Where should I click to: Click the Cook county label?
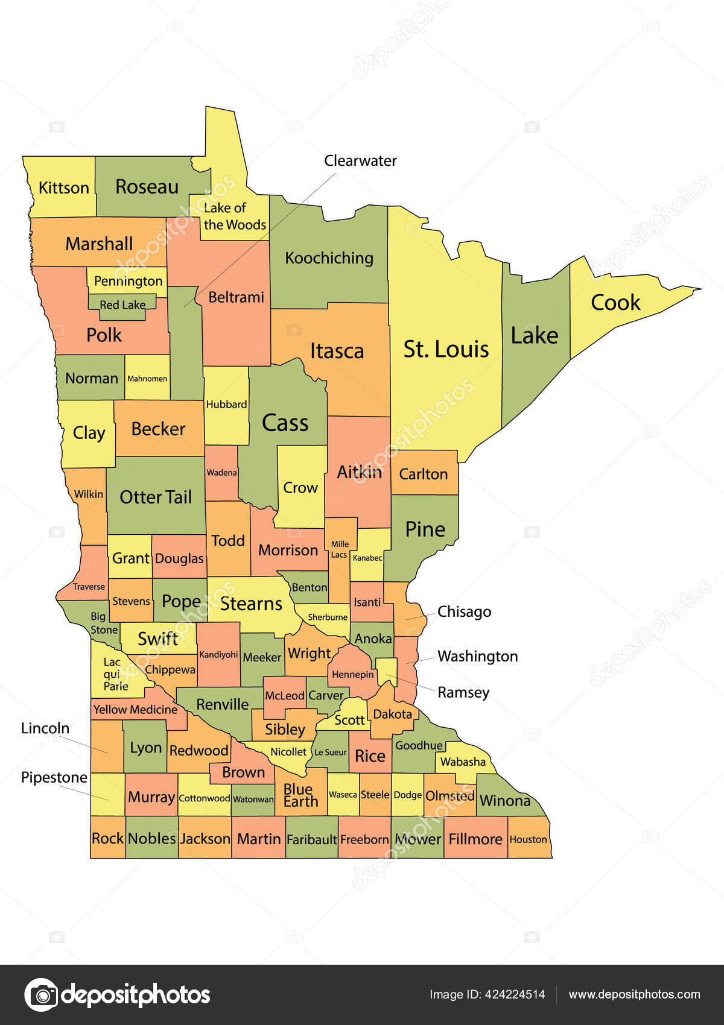(615, 303)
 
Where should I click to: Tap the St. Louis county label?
(446, 349)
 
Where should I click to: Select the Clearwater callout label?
(360, 161)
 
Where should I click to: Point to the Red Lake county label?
(122, 305)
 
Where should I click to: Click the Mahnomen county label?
(147, 379)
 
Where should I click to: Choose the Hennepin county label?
(353, 675)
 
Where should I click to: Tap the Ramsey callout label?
(463, 692)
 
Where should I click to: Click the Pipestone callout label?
(54, 778)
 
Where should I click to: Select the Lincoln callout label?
(45, 728)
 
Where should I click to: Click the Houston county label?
(528, 839)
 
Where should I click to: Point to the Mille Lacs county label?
(340, 549)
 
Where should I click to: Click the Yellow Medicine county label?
(135, 710)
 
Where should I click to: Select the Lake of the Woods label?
(234, 216)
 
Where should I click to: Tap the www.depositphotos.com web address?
(634, 994)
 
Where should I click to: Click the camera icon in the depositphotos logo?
(42, 994)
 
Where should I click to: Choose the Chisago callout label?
(464, 612)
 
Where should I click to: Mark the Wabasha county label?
(463, 762)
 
